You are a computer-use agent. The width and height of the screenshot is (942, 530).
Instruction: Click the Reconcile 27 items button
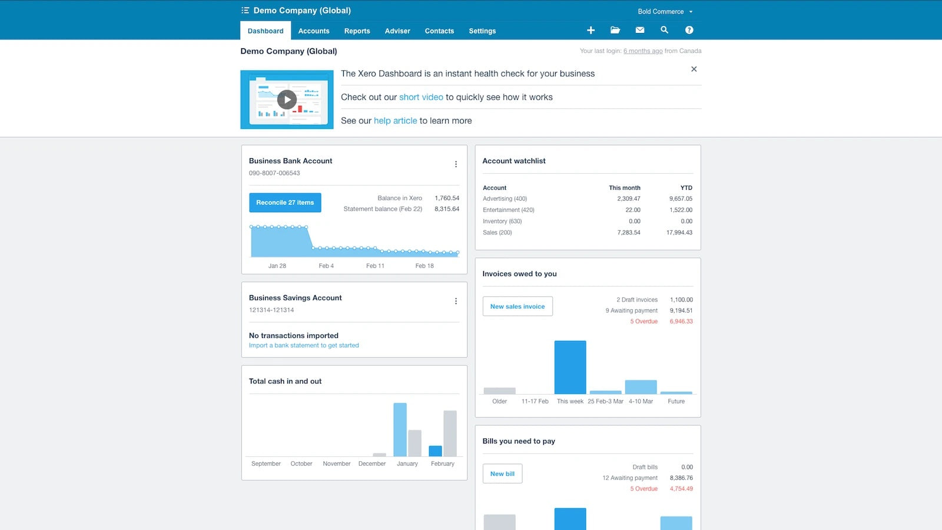click(285, 203)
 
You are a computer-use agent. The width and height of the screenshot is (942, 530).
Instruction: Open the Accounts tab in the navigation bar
click(314, 31)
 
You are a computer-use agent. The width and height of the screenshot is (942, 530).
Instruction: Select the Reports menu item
click(357, 31)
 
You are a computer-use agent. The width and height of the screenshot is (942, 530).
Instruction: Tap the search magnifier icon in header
click(664, 30)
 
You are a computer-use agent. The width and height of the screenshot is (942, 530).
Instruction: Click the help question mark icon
click(689, 30)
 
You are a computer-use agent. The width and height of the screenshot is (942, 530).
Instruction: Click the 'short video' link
click(421, 97)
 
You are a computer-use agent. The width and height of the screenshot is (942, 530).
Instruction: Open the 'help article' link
click(395, 121)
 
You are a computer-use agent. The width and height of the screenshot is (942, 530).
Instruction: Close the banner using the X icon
click(694, 69)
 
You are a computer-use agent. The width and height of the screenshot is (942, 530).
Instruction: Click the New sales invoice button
click(518, 306)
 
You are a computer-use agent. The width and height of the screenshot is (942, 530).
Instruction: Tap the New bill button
click(502, 473)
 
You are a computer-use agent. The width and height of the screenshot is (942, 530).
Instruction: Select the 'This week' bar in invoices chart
click(570, 367)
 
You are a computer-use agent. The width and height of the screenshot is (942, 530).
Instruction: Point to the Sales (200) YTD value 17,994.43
click(679, 233)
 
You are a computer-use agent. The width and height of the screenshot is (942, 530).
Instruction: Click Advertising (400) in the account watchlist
click(505, 199)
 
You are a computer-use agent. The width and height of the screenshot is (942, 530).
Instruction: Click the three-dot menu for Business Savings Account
click(456, 301)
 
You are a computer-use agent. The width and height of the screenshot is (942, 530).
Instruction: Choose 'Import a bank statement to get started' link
click(304, 346)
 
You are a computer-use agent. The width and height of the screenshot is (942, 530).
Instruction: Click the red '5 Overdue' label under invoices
click(644, 322)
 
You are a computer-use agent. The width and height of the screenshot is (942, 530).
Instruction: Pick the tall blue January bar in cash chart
click(400, 429)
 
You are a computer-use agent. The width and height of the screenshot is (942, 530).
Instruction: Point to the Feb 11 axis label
click(375, 266)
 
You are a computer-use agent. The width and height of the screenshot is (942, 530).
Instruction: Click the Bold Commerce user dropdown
click(665, 12)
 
